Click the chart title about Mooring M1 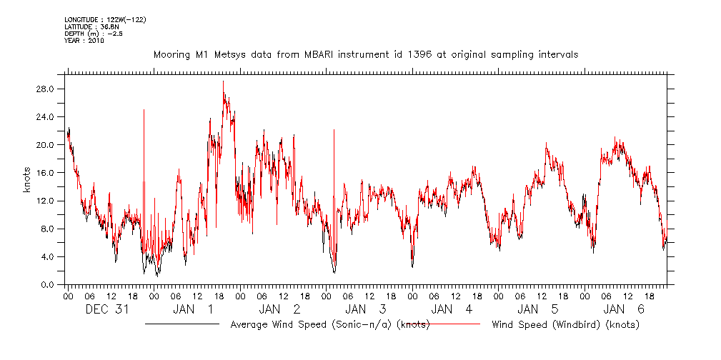366,54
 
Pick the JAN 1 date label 194,310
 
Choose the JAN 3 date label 366,310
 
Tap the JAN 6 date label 625,310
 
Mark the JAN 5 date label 538,310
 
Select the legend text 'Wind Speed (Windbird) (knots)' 565,325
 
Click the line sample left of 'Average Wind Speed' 182,324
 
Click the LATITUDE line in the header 86,26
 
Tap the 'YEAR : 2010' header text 84,41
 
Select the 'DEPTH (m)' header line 93,34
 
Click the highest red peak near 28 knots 223,81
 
